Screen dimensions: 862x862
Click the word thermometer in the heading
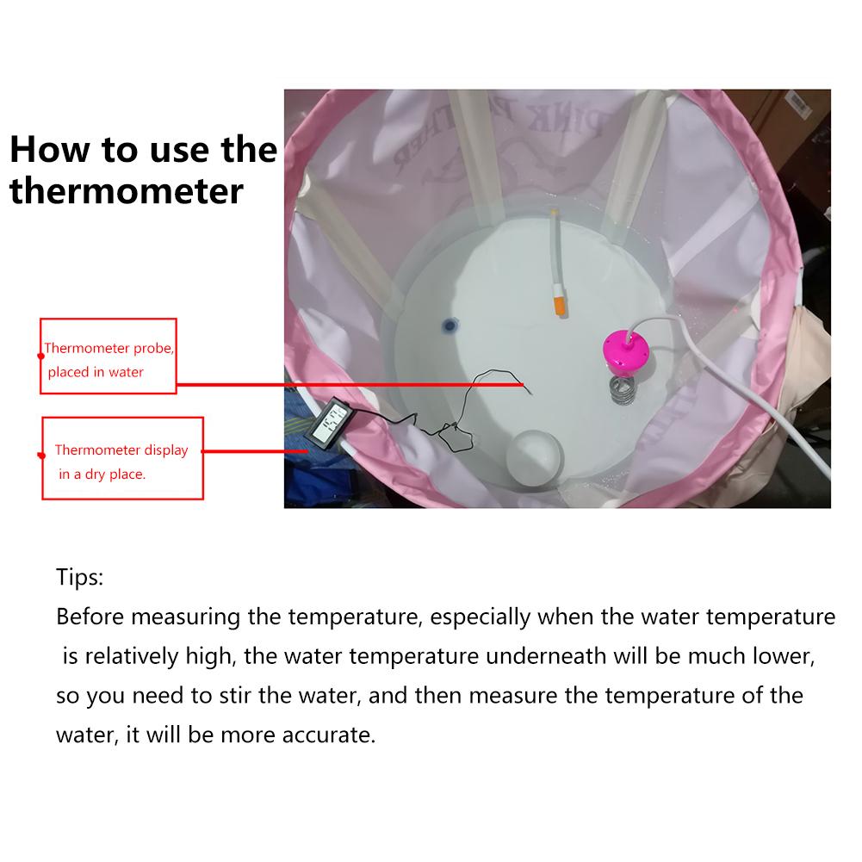click(x=127, y=190)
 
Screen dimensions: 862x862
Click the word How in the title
click(x=51, y=149)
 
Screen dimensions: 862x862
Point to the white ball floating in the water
click(x=534, y=454)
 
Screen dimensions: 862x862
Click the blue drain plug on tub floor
click(x=449, y=325)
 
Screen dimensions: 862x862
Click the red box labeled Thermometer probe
click(x=109, y=356)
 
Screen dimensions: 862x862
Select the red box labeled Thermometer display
click(x=123, y=458)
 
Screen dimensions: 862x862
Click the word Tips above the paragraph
click(x=79, y=577)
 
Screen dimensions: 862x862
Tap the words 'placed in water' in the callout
click(x=96, y=372)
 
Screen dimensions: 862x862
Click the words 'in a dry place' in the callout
click(x=102, y=474)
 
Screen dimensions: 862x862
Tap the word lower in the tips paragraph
click(x=780, y=656)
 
